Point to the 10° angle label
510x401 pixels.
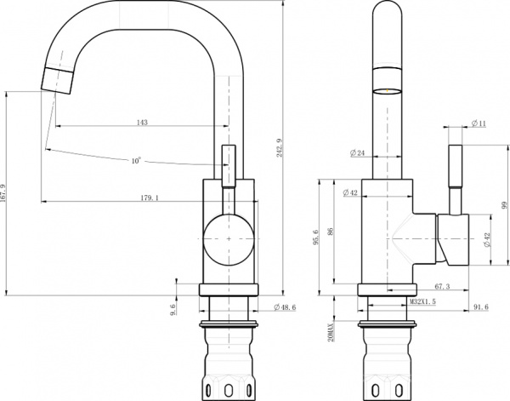coord(136,160)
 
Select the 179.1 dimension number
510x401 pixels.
coord(149,198)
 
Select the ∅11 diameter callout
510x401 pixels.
coord(478,123)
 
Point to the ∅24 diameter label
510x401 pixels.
coord(358,153)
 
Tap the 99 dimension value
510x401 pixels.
coord(503,204)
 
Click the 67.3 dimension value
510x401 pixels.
coord(441,287)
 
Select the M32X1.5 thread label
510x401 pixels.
coord(422,301)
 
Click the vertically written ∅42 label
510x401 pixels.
coord(487,240)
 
